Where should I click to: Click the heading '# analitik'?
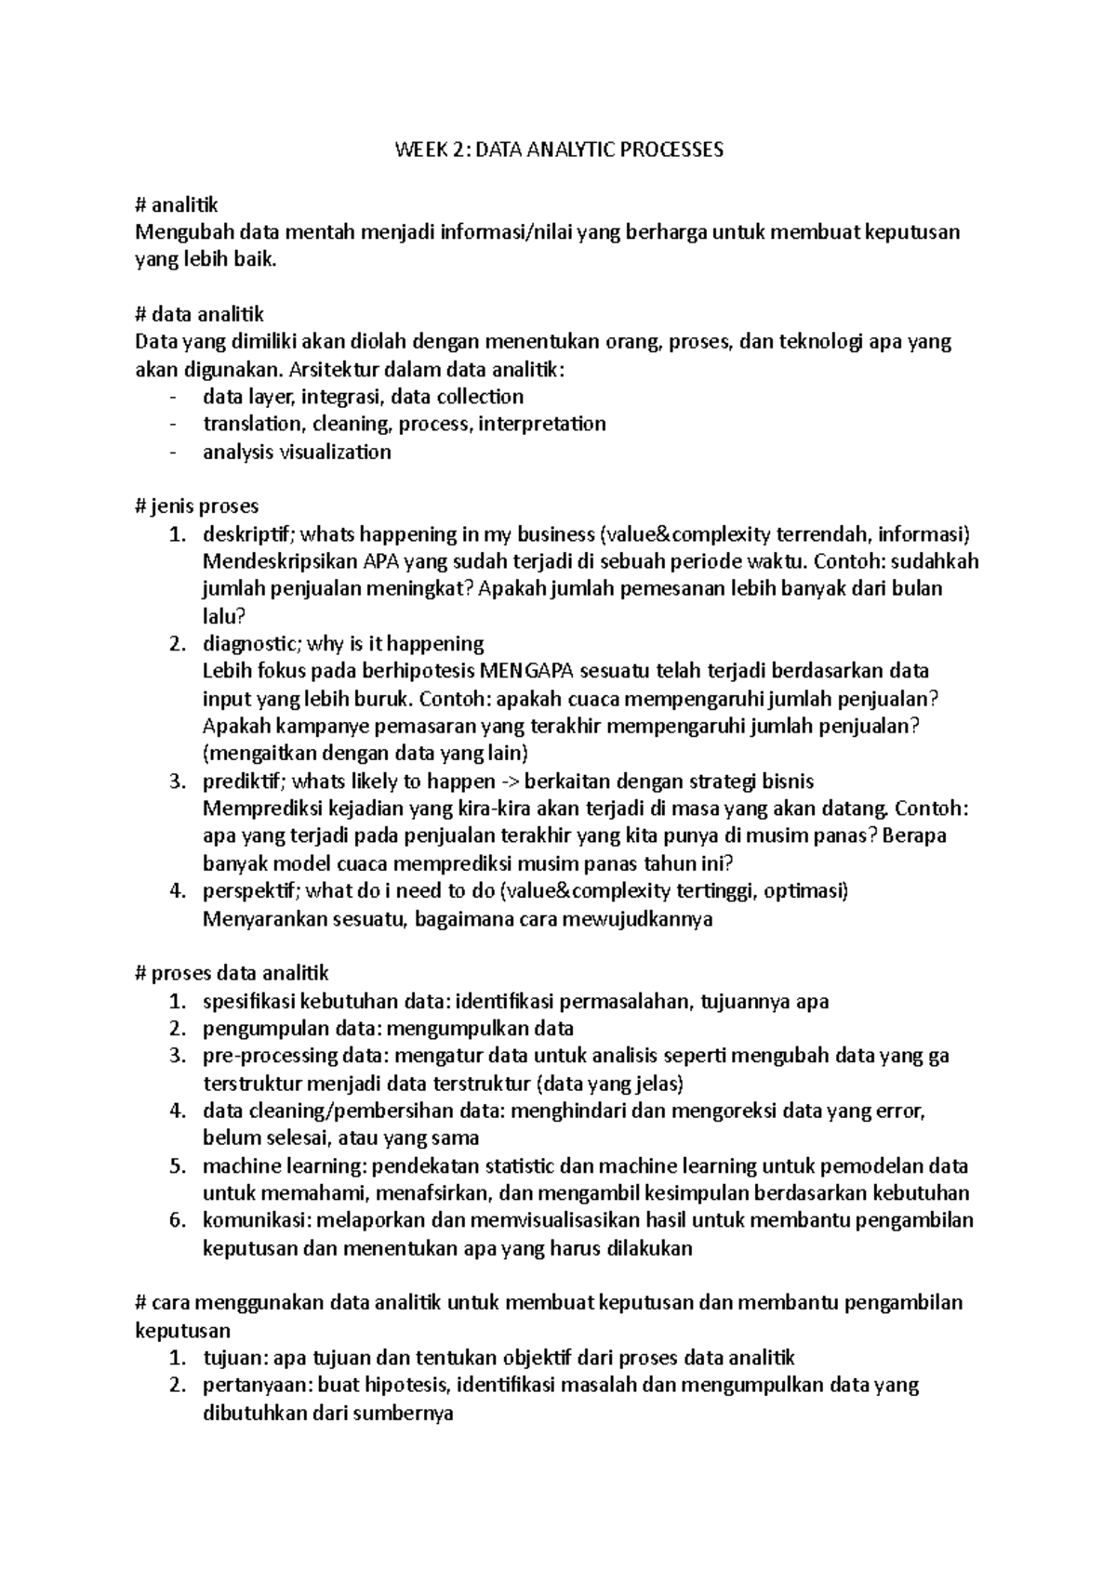[x=177, y=205]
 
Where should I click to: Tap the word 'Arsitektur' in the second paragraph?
[x=334, y=370]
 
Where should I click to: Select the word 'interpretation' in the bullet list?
[x=542, y=424]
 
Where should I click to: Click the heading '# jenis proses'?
[x=196, y=506]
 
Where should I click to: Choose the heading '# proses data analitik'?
[x=232, y=974]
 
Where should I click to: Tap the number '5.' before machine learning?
[x=179, y=1165]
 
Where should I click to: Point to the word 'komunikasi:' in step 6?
[x=252, y=1220]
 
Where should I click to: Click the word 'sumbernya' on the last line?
[x=408, y=1414]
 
